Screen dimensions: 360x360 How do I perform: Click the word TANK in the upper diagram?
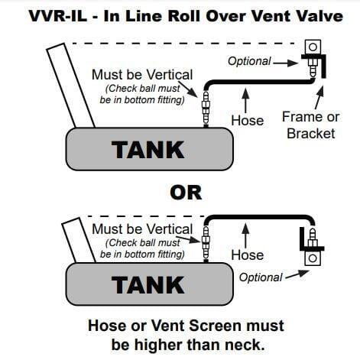pyautogui.click(x=148, y=150)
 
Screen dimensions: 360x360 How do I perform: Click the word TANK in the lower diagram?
pyautogui.click(x=148, y=285)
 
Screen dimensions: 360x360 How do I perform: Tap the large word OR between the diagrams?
pyautogui.click(x=186, y=193)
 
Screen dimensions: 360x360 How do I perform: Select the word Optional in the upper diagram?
pyautogui.click(x=249, y=61)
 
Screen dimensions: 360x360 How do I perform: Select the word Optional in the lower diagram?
pyautogui.click(x=261, y=277)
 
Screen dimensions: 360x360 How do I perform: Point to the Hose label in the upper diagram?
pyautogui.click(x=248, y=121)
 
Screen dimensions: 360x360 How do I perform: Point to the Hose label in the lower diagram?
pyautogui.click(x=248, y=255)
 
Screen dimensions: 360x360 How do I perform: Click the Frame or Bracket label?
pyautogui.click(x=311, y=125)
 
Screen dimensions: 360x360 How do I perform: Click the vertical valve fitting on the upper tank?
pyautogui.click(x=206, y=108)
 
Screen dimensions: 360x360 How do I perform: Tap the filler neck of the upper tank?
pyautogui.click(x=70, y=86)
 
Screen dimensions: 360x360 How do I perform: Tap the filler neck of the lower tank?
pyautogui.click(x=79, y=240)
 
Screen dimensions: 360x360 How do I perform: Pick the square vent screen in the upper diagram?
pyautogui.click(x=313, y=47)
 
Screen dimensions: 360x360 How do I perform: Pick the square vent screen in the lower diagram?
pyautogui.click(x=313, y=258)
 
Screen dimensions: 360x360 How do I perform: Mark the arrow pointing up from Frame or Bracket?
pyautogui.click(x=319, y=98)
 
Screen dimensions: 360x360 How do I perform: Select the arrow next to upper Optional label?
pyautogui.click(x=285, y=63)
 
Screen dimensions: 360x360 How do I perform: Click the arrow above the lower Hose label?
pyautogui.click(x=245, y=235)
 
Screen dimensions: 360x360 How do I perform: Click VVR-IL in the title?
pyautogui.click(x=58, y=16)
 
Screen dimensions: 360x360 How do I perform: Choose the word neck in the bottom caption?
pyautogui.click(x=245, y=345)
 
